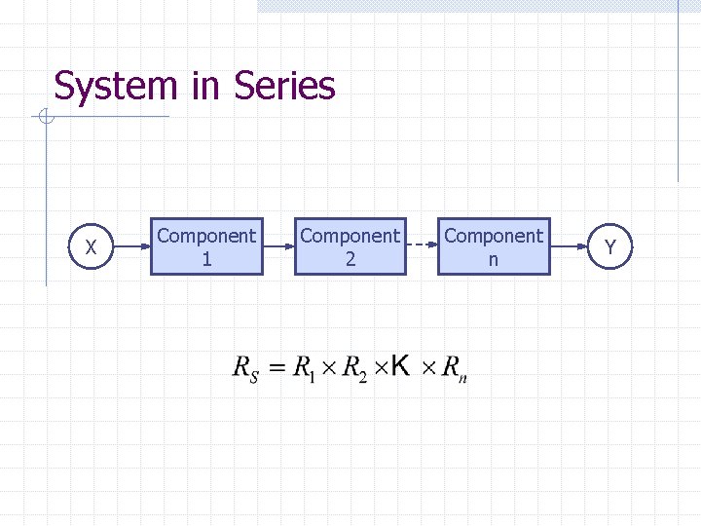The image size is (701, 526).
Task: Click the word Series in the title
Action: point(284,86)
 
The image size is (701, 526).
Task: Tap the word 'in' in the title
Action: point(206,86)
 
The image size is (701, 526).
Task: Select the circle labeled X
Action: point(91,247)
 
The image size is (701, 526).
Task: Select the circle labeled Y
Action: point(609,247)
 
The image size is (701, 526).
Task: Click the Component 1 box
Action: point(206,246)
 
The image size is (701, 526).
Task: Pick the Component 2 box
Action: point(350,246)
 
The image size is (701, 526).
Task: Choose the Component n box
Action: point(494,246)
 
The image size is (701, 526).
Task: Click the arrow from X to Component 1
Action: point(132,247)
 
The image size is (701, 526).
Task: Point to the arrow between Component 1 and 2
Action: point(278,247)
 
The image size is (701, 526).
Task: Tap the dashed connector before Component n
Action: point(421,247)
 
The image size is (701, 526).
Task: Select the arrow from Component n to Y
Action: point(569,247)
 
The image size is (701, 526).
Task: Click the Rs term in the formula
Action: point(245,369)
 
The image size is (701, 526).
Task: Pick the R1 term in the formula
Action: point(306,369)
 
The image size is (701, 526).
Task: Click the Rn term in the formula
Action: point(454,369)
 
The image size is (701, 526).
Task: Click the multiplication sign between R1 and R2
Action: point(329,368)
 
